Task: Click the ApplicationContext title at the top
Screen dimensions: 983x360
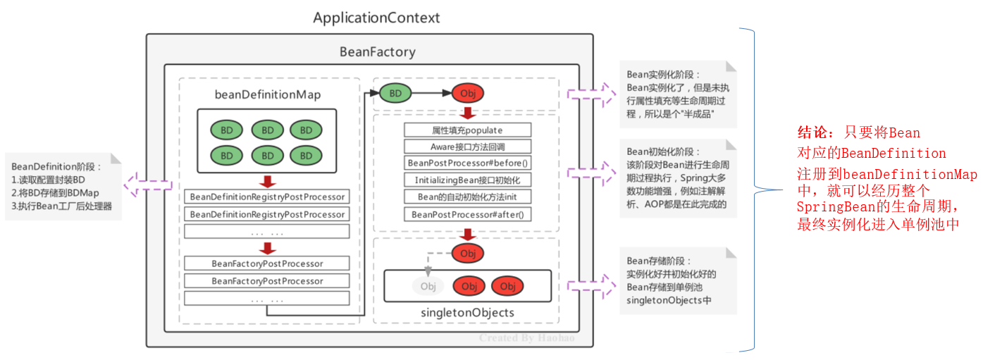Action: click(376, 18)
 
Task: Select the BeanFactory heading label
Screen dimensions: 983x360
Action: click(378, 52)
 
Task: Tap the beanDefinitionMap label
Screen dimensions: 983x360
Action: click(268, 94)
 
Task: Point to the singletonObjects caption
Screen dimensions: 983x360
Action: click(467, 313)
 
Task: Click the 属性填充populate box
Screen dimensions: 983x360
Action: click(467, 130)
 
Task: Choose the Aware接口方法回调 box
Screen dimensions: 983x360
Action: click(467, 147)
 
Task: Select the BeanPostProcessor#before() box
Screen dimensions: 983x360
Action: click(467, 163)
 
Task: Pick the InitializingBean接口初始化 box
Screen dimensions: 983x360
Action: click(467, 180)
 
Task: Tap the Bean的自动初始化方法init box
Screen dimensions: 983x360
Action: click(467, 197)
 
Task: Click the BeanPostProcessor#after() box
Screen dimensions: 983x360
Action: click(467, 214)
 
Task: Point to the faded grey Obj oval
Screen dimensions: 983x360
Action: click(428, 286)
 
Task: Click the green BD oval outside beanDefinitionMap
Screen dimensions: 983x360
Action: click(395, 94)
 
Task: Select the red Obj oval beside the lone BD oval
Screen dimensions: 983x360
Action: click(468, 94)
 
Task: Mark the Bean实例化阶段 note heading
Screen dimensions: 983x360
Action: click(662, 75)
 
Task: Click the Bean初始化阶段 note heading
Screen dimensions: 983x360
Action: click(662, 151)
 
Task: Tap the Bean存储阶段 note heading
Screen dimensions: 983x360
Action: click(658, 261)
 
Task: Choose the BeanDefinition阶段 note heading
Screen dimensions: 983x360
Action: click(56, 167)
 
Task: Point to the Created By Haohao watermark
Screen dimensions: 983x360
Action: click(526, 337)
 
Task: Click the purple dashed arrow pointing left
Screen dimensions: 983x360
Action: click(148, 185)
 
